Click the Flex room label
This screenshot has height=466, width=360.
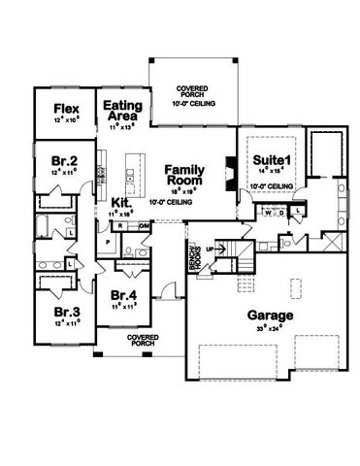pyautogui.click(x=65, y=108)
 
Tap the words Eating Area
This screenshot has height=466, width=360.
pyautogui.click(x=123, y=109)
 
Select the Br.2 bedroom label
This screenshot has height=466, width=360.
pyautogui.click(x=64, y=157)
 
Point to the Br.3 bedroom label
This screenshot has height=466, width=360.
pyautogui.click(x=64, y=311)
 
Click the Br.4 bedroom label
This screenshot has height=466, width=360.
pyautogui.click(x=123, y=294)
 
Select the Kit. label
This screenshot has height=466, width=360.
pyautogui.click(x=122, y=202)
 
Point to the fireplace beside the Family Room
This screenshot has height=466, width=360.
pyautogui.click(x=229, y=171)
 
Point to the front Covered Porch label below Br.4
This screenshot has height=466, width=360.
pyautogui.click(x=142, y=340)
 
